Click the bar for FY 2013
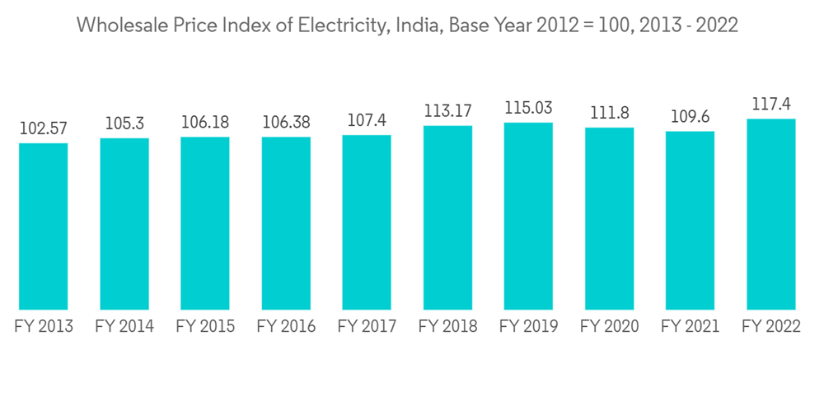point(44,226)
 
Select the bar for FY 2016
point(286,223)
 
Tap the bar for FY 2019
point(528,217)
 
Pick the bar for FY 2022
point(770,214)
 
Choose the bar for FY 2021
point(690,221)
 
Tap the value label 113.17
point(447,111)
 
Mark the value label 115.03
point(528,108)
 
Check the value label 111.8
point(609,113)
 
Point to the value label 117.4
point(770,105)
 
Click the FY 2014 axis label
point(124,327)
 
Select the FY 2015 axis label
point(205,327)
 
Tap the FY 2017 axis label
point(367,327)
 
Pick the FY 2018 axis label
point(447,327)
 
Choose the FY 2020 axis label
point(609,327)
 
